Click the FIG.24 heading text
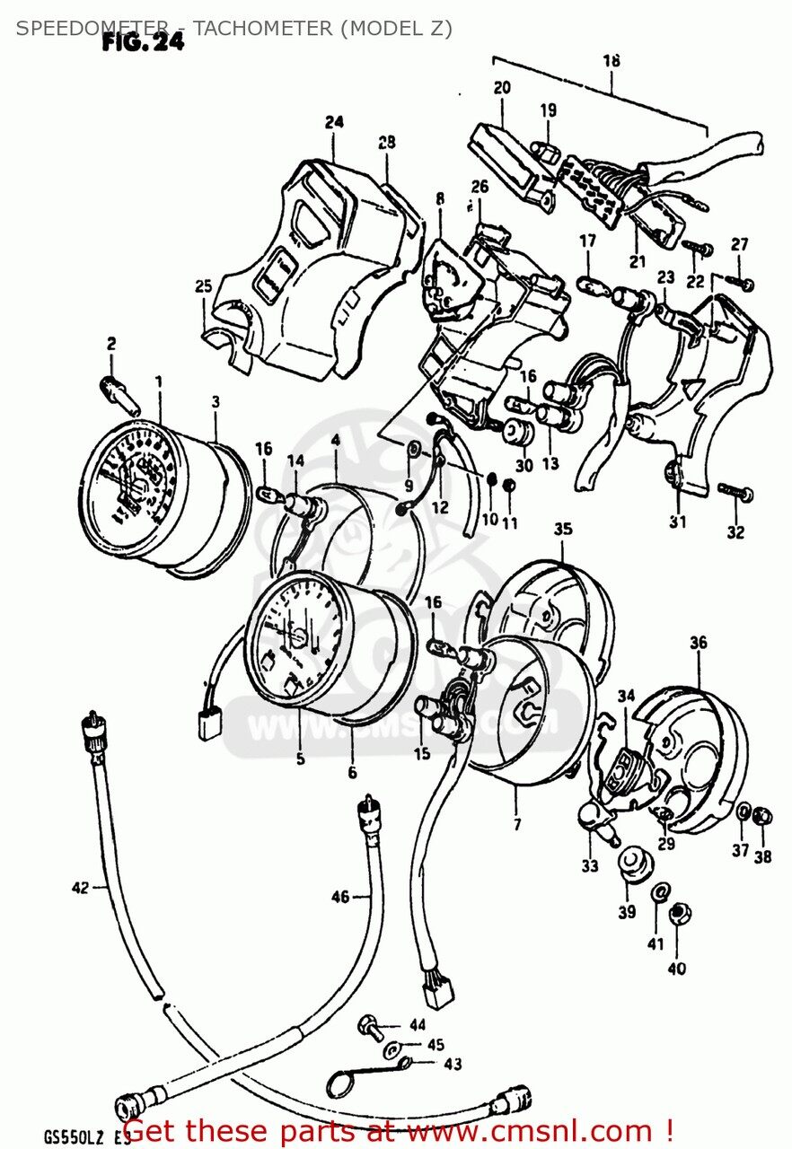point(143,42)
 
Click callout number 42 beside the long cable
point(81,889)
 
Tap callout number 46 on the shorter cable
point(339,896)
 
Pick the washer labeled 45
point(392,1048)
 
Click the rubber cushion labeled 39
point(635,865)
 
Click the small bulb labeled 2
point(119,391)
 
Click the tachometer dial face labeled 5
point(291,637)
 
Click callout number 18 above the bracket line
point(611,61)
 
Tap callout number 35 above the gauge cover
point(562,530)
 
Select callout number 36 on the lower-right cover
point(698,643)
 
